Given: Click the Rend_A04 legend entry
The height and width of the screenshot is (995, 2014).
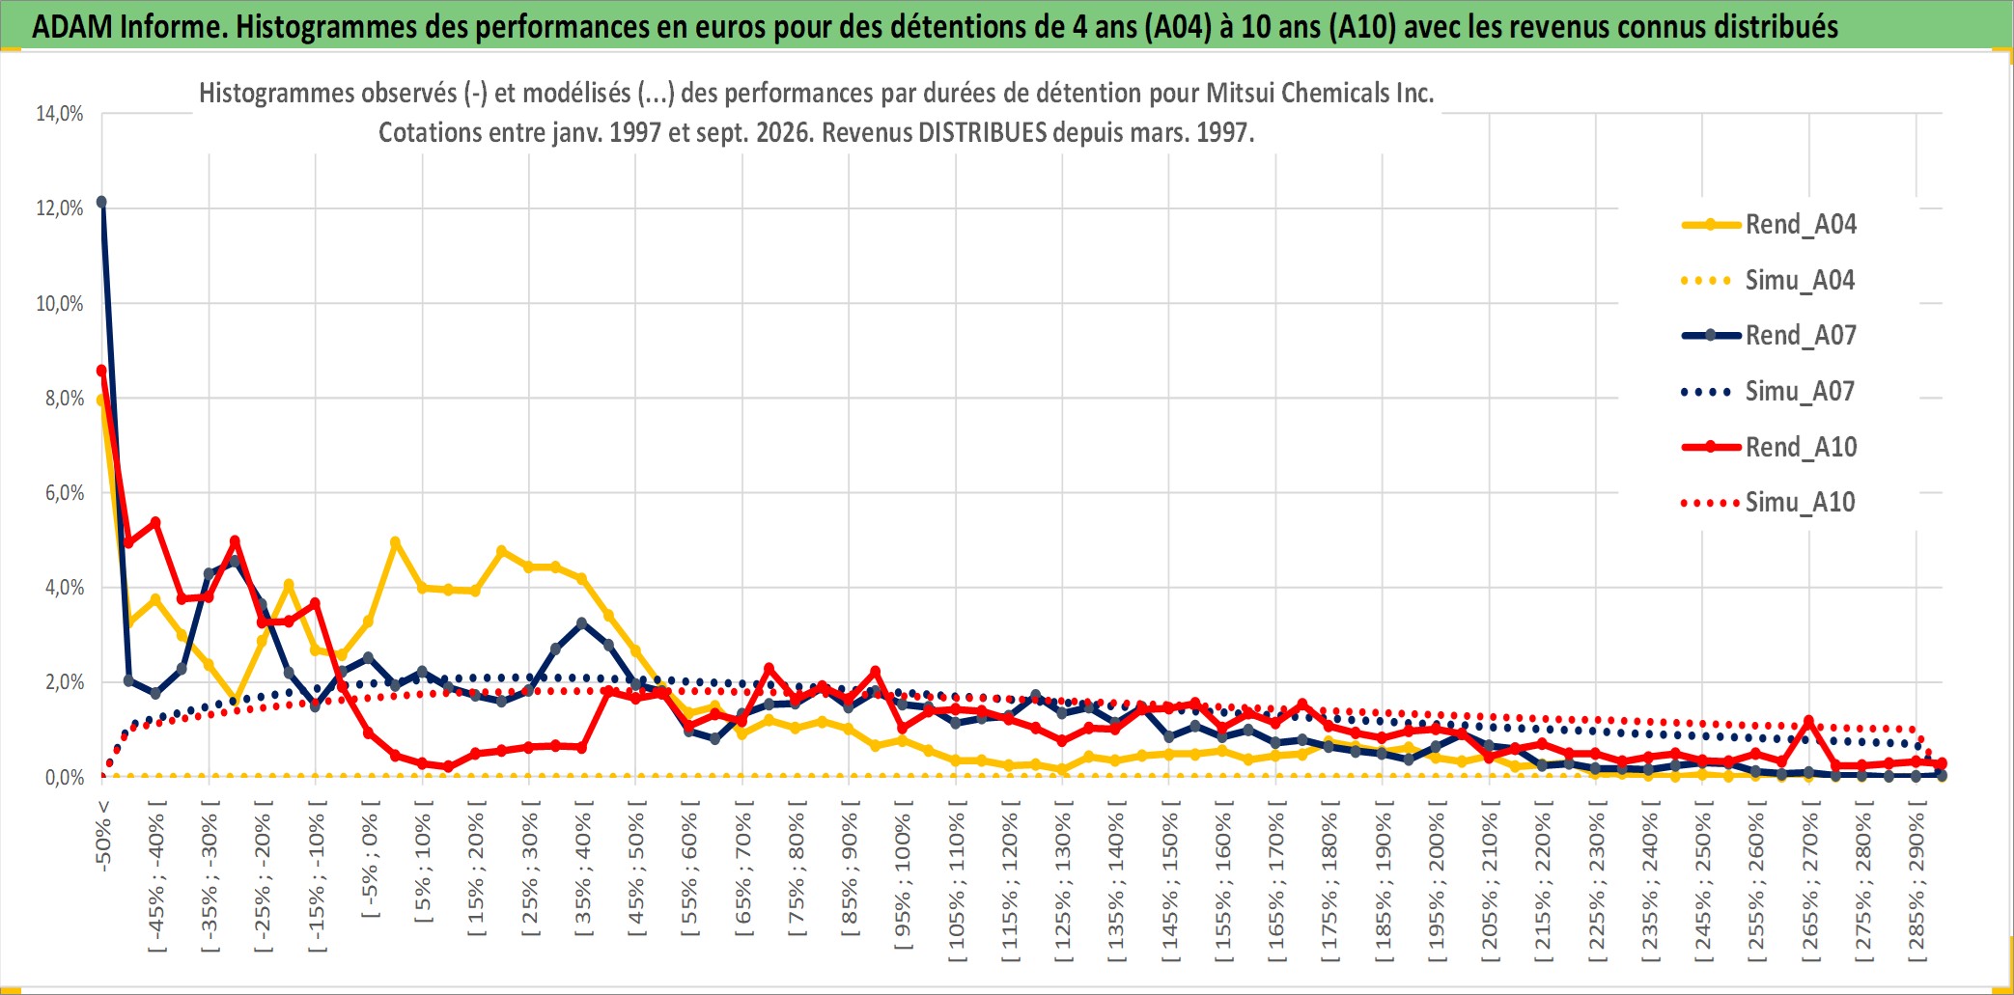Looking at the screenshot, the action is pyautogui.click(x=1769, y=225).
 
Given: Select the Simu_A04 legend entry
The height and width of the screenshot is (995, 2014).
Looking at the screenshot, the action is pyautogui.click(x=1769, y=281).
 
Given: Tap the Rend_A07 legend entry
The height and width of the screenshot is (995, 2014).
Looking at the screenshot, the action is pyautogui.click(x=1769, y=336).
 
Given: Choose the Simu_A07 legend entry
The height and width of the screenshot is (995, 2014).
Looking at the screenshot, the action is pyautogui.click(x=1769, y=392).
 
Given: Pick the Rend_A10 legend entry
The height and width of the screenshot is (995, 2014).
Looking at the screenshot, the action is pyautogui.click(x=1769, y=447).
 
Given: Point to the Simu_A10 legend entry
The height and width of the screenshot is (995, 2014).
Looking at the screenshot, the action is pyautogui.click(x=1769, y=502).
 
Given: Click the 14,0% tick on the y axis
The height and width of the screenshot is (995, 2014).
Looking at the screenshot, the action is pyautogui.click(x=60, y=114).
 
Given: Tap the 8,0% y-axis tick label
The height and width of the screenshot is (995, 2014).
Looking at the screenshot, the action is pyautogui.click(x=65, y=398).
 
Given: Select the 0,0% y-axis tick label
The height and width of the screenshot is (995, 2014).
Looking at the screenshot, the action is pyautogui.click(x=65, y=777).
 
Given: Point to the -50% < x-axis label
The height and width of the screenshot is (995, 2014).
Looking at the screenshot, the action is pyautogui.click(x=103, y=836).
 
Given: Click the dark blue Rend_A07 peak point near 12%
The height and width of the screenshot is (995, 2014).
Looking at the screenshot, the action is pyautogui.click(x=101, y=203).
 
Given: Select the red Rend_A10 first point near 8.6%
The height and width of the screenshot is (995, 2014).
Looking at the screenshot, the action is pyautogui.click(x=101, y=371).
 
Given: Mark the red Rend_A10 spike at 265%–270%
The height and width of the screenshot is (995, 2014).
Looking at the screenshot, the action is pyautogui.click(x=1808, y=721).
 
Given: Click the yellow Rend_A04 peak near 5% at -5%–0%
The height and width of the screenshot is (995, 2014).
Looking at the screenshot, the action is pyautogui.click(x=395, y=542).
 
